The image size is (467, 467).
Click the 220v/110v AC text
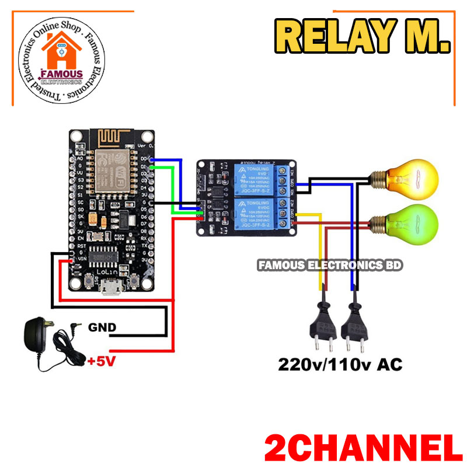[x=340, y=365]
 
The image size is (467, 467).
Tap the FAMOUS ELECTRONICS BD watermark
[x=330, y=265]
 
